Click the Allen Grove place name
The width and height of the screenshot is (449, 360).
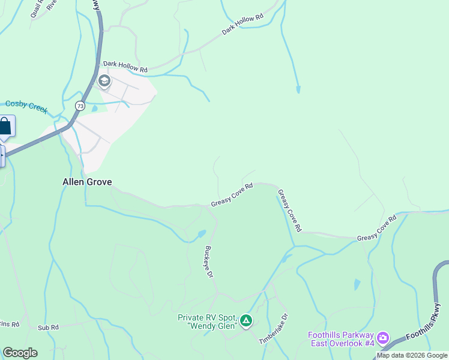click(x=87, y=182)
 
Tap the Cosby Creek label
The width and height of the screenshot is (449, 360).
click(x=26, y=104)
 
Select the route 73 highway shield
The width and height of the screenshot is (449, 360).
click(x=80, y=106)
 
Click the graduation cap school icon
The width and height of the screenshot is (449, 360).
click(x=104, y=81)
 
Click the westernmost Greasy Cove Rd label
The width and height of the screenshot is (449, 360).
click(x=232, y=196)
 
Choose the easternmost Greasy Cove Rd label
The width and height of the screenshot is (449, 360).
click(x=378, y=229)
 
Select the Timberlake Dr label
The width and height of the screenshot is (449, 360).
click(x=274, y=329)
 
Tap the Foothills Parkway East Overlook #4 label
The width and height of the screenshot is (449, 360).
click(x=341, y=339)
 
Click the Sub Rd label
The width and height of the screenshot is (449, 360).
click(x=48, y=328)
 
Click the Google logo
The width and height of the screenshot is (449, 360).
click(x=20, y=353)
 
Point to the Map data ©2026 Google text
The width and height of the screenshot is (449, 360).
click(x=412, y=356)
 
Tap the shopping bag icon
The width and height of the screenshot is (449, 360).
click(x=5, y=127)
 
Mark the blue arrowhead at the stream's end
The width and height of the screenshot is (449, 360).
click(x=298, y=90)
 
